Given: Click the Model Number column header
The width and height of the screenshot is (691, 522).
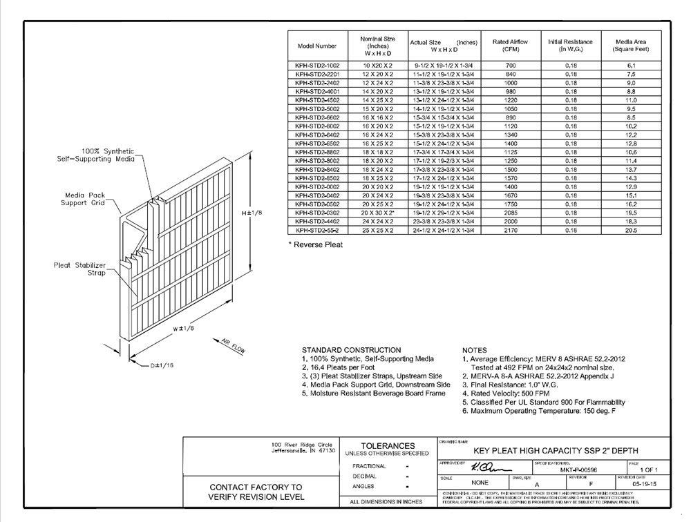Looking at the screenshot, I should (317, 46).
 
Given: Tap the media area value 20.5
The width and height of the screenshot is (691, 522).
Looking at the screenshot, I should (631, 230).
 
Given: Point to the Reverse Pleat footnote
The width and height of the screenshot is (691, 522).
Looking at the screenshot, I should (315, 244).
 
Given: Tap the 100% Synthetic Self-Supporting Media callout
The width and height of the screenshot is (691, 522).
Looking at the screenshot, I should (96, 154).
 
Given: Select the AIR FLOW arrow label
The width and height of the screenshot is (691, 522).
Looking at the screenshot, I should (234, 345).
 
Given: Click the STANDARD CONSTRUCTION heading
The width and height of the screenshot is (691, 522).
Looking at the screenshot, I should (351, 350).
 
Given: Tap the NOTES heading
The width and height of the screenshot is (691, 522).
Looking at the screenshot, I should (474, 350).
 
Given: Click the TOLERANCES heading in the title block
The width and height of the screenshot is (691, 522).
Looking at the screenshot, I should (388, 446).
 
